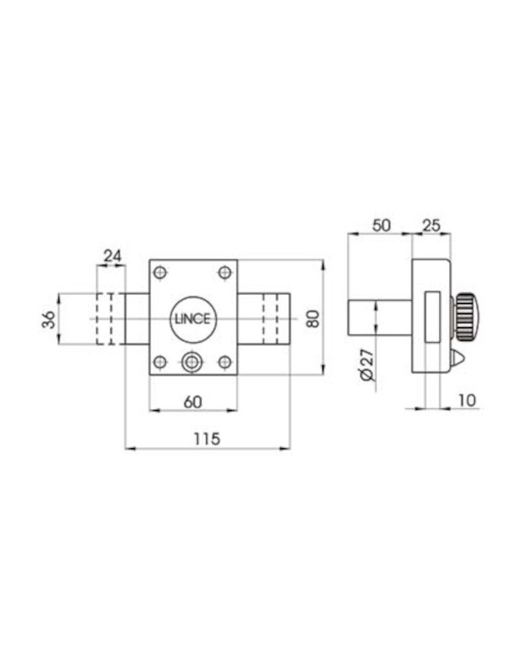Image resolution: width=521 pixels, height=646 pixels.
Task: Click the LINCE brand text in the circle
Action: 193,320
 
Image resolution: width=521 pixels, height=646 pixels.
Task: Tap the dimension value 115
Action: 207,439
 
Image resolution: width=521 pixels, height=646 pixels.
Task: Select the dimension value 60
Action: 193,402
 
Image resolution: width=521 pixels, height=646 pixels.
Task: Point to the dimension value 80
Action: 313,318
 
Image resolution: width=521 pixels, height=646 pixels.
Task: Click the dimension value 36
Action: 48,320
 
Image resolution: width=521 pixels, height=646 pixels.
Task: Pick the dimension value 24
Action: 112,256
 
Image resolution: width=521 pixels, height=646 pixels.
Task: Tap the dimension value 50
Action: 381,226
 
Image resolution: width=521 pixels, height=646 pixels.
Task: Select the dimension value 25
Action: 432,226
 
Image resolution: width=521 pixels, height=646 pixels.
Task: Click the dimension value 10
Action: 467,400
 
